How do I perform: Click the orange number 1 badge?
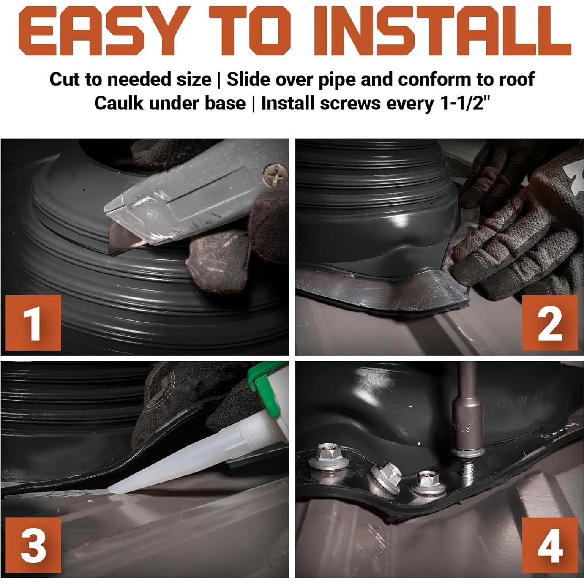point(33,323)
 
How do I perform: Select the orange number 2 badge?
point(550,323)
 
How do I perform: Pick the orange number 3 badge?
point(33,545)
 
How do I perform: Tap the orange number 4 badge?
point(550,546)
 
